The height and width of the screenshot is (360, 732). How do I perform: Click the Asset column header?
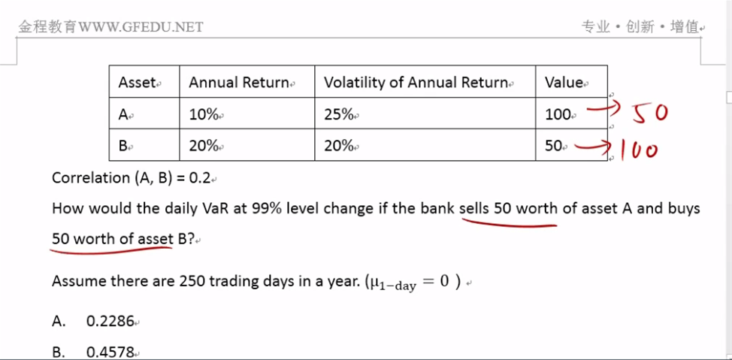136,83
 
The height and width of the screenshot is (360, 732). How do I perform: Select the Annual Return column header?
238,83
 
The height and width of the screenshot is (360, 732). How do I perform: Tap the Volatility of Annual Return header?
416,83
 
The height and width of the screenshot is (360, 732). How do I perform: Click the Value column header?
564,83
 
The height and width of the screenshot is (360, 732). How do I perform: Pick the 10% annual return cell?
204,114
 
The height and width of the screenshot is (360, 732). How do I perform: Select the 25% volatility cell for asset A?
338,114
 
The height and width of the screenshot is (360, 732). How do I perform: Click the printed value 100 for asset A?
558,114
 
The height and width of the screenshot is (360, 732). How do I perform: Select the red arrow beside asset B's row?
592,147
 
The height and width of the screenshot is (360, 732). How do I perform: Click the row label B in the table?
123,146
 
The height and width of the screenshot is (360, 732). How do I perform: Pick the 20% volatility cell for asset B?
338,146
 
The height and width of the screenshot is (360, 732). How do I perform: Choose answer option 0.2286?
110,321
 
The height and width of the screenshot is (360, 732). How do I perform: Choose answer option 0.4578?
110,352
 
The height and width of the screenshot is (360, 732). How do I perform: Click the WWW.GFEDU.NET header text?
141,27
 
